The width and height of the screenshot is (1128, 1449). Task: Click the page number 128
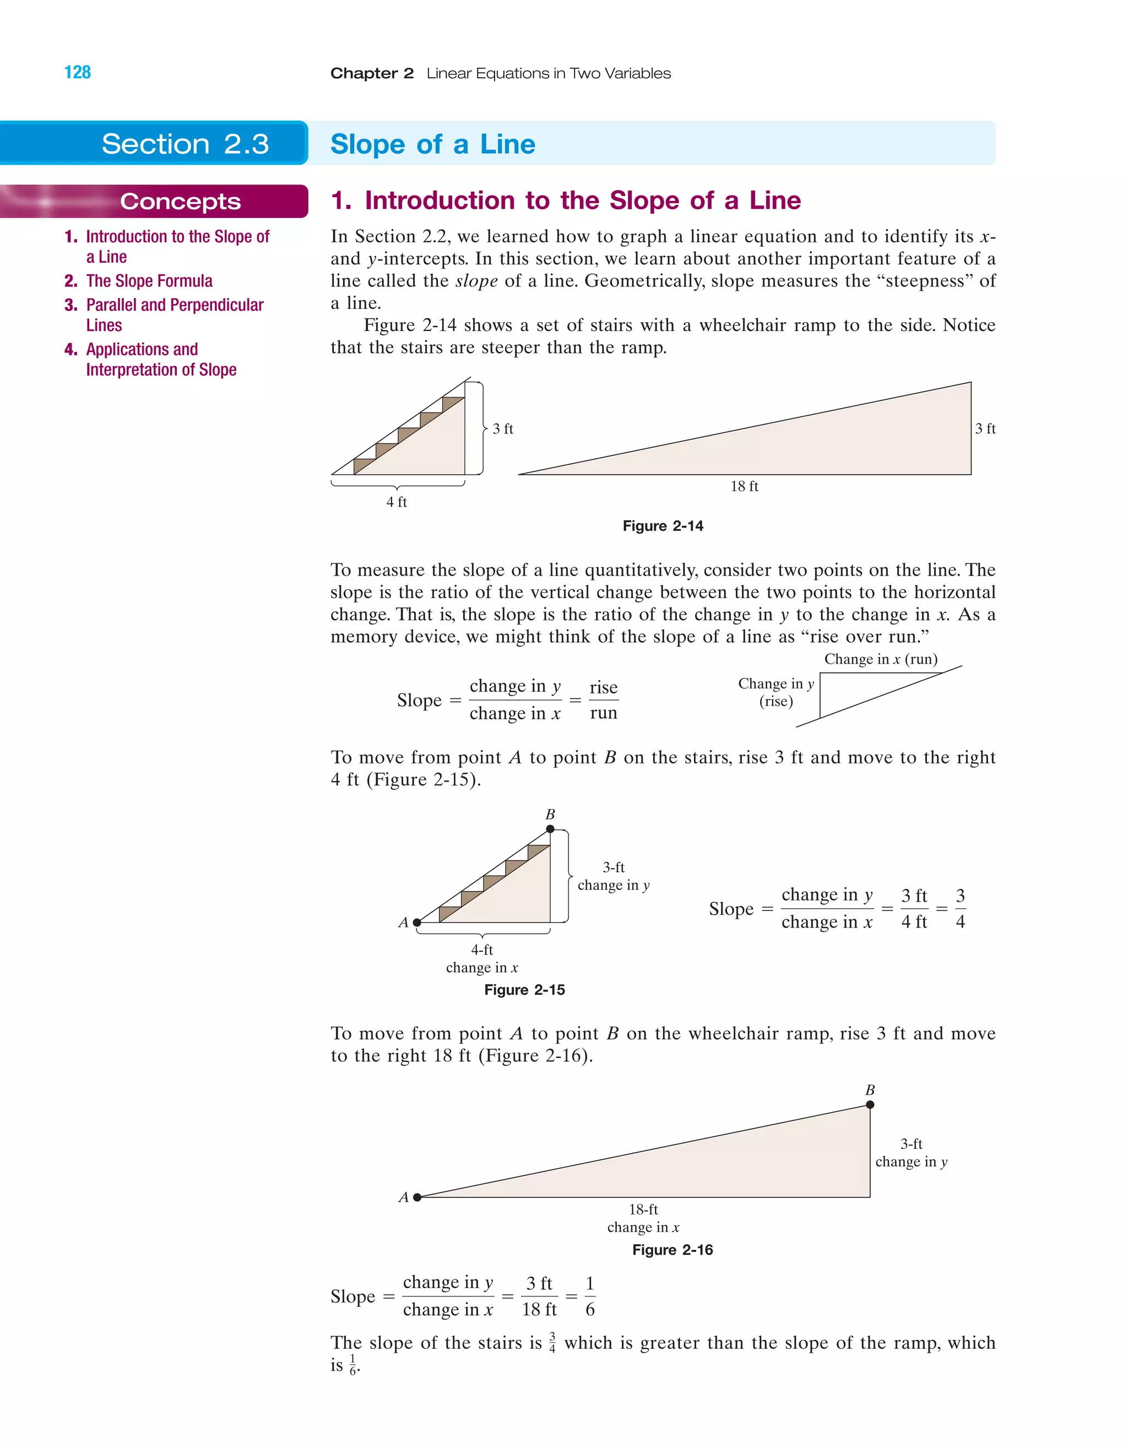78,72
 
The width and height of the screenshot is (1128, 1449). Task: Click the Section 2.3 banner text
185,144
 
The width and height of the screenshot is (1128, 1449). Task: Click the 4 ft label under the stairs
396,502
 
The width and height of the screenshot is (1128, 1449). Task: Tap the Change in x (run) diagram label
881,659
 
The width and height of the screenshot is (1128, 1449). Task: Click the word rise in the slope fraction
603,687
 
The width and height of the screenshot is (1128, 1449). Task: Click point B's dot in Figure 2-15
550,829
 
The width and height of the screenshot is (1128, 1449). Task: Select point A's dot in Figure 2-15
417,922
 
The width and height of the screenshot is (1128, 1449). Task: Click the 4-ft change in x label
482,959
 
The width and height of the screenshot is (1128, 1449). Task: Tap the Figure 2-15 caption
524,990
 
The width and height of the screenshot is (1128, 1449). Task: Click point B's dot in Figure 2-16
870,1105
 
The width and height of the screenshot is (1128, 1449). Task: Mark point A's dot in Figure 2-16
417,1197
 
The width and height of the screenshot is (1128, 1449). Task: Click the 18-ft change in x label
643,1218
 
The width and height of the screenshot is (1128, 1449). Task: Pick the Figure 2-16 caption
672,1250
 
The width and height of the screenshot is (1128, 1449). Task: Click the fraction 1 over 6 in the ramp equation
590,1296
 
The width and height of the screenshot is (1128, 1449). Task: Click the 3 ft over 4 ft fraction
914,908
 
